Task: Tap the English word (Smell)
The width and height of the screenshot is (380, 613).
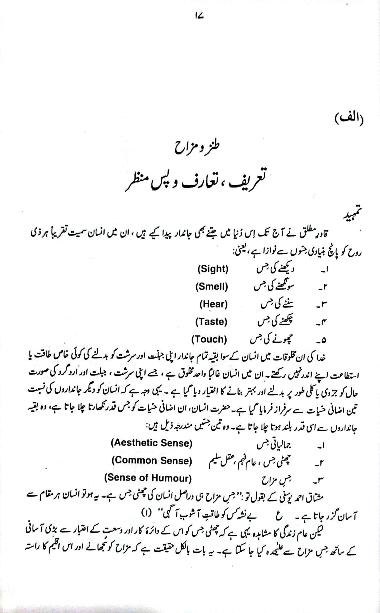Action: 212,287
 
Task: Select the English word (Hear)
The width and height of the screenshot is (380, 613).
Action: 214,304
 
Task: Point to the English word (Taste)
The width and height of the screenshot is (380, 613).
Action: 211,322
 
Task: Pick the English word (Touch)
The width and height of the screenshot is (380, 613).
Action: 209,339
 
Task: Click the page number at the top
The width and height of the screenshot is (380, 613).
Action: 199,16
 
